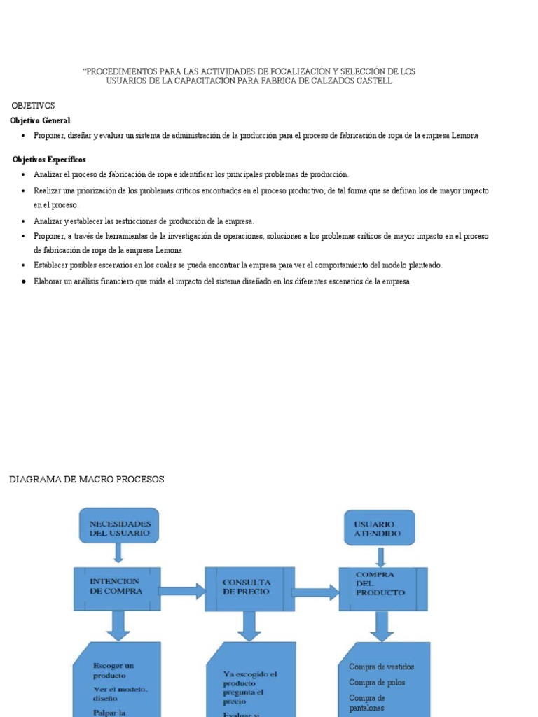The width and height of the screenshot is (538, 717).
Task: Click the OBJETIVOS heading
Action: [33, 105]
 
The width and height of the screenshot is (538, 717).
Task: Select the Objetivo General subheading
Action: [40, 120]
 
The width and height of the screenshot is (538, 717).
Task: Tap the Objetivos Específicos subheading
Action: [49, 160]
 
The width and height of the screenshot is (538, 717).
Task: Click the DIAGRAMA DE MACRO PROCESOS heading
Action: [86, 479]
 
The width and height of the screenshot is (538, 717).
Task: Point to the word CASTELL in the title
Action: [371, 81]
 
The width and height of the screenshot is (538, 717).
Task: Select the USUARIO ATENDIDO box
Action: [379, 529]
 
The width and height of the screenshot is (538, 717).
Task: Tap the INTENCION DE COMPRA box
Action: [117, 587]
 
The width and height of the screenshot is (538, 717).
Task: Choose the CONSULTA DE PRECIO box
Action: [249, 587]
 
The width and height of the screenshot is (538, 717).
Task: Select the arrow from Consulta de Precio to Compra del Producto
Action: [315, 592]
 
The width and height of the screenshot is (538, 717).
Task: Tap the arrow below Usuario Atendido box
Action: [380, 557]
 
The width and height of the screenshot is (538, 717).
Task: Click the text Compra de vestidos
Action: [381, 667]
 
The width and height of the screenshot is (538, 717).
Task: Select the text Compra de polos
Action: [377, 682]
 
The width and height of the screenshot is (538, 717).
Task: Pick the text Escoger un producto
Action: [113, 670]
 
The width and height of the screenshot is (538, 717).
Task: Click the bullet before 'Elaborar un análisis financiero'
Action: [23, 281]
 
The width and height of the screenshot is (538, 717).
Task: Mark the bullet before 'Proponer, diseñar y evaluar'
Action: [23, 136]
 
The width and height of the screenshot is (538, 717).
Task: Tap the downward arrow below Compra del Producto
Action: [382, 626]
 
